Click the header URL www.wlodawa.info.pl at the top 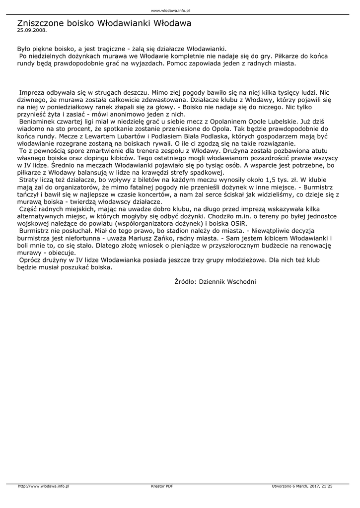point(171,10)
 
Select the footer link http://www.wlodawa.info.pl point(43,486)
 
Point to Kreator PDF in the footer point(162,486)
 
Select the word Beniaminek point(39,121)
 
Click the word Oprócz point(31,259)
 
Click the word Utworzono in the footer point(282,486)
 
